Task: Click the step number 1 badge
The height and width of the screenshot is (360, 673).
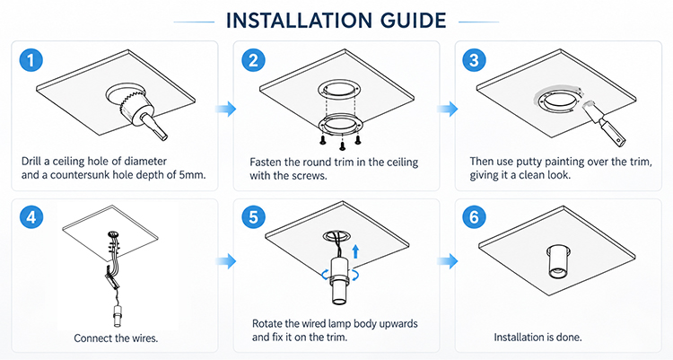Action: click(31, 60)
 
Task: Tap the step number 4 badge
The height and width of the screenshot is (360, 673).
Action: click(31, 217)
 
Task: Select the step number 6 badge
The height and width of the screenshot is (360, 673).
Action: click(475, 217)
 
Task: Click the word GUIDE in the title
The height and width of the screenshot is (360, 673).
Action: click(414, 21)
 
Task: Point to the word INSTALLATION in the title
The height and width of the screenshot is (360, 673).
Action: click(300, 21)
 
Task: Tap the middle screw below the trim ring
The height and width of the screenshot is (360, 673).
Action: click(342, 146)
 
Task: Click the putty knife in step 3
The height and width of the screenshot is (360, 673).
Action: click(604, 122)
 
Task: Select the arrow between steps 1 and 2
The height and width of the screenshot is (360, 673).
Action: click(226, 109)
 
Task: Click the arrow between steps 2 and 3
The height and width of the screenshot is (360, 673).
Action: click(448, 109)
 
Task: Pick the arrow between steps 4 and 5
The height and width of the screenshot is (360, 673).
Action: click(226, 260)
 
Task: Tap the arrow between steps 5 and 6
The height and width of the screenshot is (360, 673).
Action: click(448, 260)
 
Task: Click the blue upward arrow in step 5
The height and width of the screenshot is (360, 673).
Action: click(355, 251)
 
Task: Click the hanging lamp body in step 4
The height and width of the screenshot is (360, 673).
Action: click(118, 316)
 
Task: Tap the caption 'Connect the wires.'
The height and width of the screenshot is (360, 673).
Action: click(116, 338)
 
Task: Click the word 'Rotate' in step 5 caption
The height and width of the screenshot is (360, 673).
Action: click(267, 323)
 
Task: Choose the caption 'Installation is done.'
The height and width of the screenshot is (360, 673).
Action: click(538, 338)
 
